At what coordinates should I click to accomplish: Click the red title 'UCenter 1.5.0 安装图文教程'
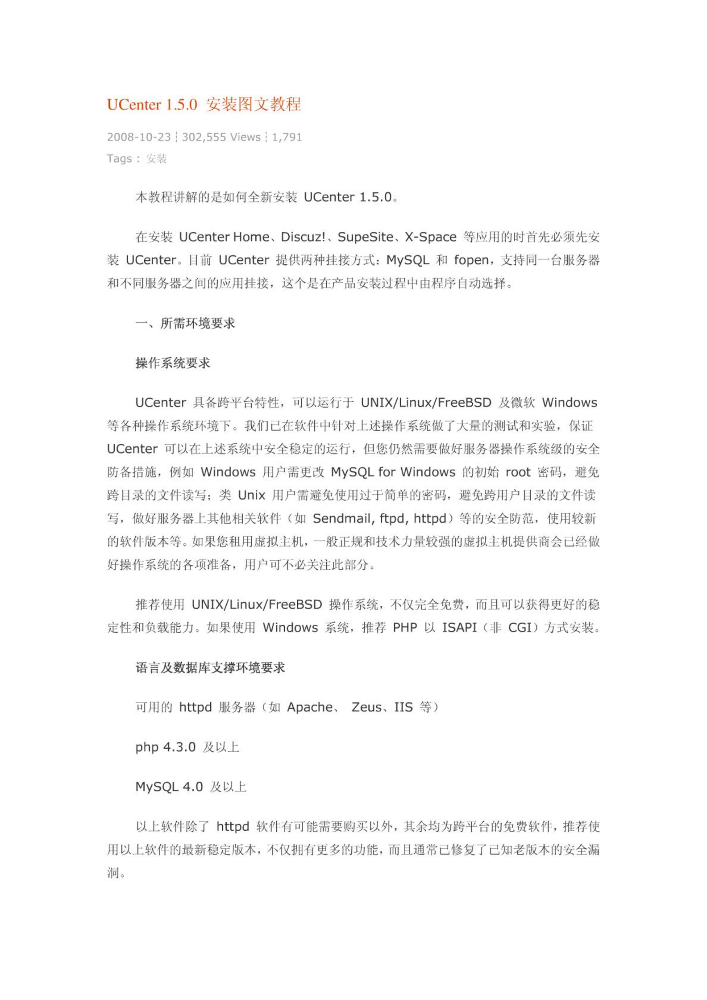pos(204,104)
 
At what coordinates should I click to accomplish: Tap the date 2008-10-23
pos(139,137)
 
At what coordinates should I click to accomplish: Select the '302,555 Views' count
pos(221,137)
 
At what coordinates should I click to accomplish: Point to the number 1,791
pos(287,137)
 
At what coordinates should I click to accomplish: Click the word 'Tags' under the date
pos(119,158)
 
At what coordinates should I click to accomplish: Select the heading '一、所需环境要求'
pos(185,323)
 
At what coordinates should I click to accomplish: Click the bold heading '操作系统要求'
pos(173,363)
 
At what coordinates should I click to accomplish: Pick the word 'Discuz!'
pos(303,237)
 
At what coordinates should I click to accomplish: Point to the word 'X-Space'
pos(430,237)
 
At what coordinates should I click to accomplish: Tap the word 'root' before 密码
pos(518,472)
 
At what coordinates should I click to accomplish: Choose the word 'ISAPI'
pos(459,628)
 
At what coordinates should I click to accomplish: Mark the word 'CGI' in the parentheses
pos(520,628)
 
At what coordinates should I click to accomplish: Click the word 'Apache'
pos(310,707)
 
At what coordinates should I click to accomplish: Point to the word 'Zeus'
pos(366,707)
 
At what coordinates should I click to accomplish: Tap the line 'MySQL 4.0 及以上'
pos(191,787)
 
